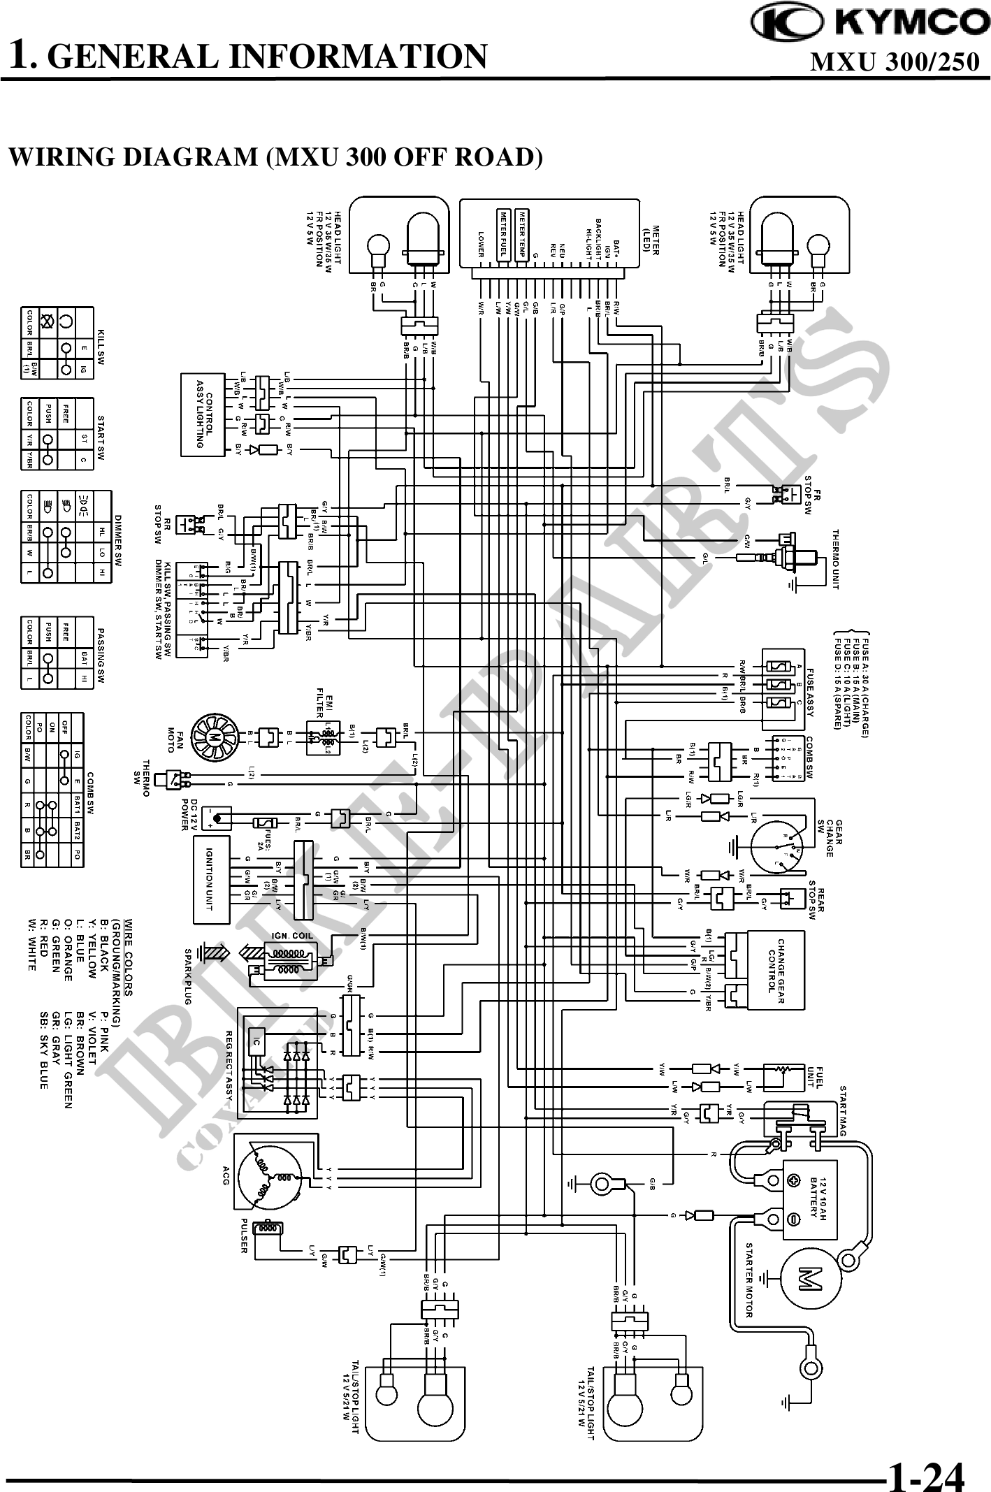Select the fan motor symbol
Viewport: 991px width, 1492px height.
click(x=210, y=737)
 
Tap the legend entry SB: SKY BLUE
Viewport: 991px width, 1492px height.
click(x=45, y=1065)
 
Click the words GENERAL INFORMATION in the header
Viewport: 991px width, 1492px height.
click(x=268, y=56)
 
